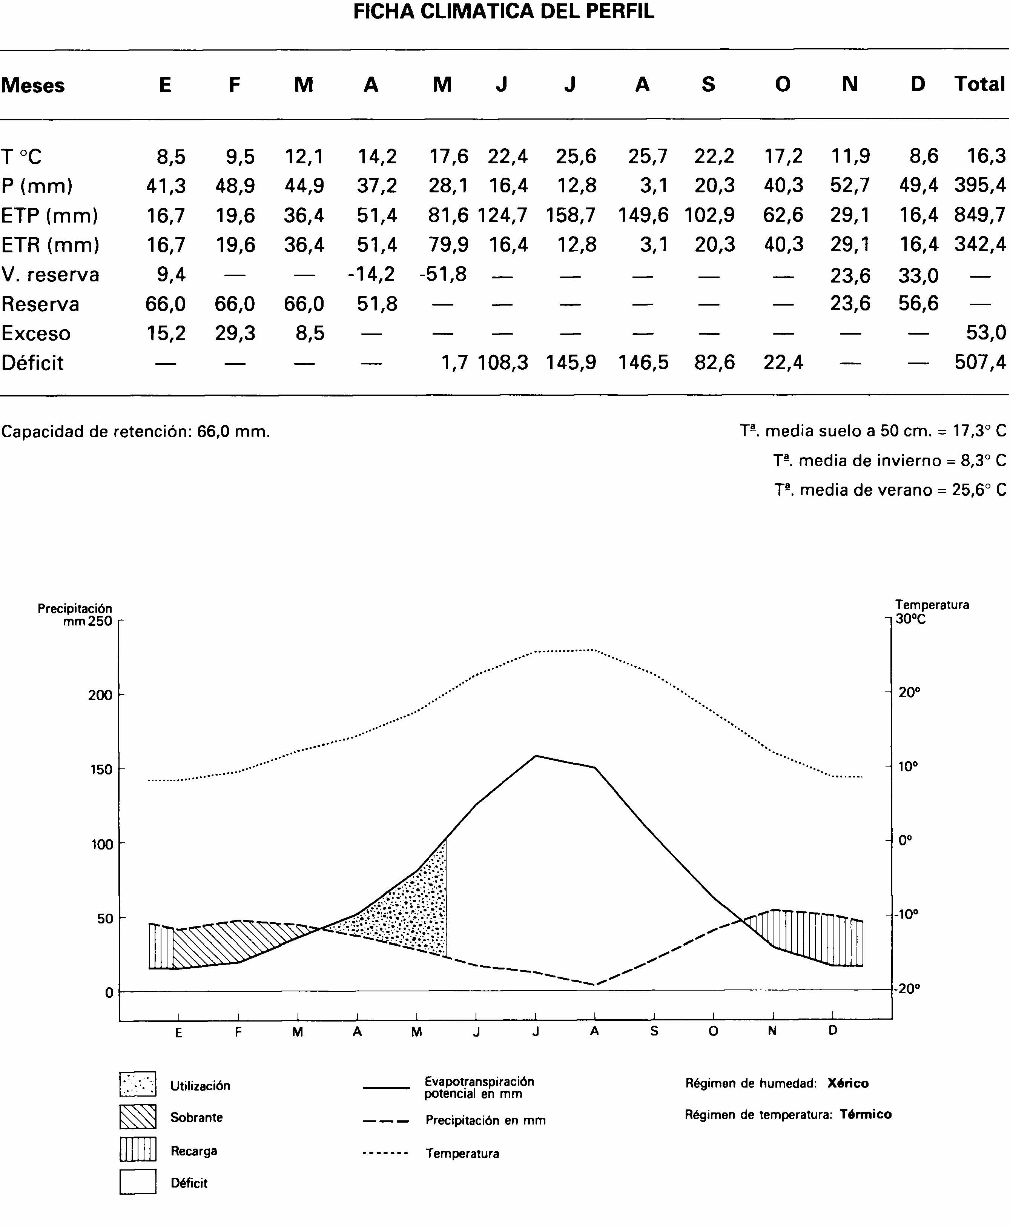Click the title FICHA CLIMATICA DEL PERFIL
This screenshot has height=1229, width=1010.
point(504,12)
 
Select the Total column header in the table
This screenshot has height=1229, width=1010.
point(980,84)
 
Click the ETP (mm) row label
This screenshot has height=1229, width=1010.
point(49,216)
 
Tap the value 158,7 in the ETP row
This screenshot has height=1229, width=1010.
point(571,216)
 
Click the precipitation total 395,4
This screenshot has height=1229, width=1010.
point(980,186)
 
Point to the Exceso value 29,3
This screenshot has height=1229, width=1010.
point(235,333)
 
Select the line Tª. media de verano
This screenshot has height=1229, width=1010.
point(890,490)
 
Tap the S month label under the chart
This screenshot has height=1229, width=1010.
point(654,1032)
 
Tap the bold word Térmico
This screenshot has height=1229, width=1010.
point(865,1114)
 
